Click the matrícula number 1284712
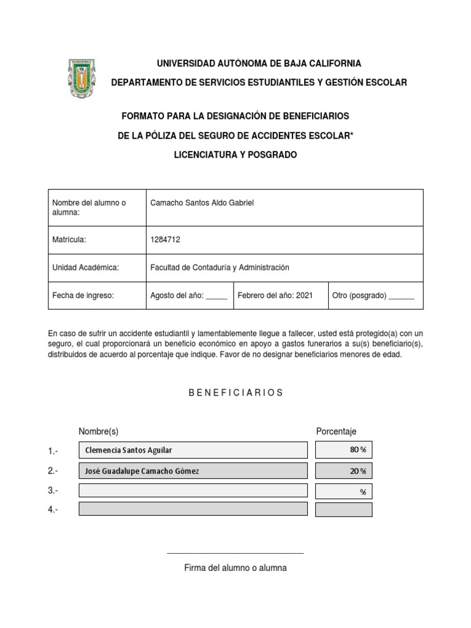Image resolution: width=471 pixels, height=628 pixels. coord(166,240)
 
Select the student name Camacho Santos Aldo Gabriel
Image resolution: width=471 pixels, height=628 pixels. coord(201,203)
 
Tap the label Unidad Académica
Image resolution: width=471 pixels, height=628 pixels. coord(85,267)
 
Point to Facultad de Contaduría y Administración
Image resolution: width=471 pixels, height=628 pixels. coord(220,267)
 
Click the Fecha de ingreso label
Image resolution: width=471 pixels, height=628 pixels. coord(83,296)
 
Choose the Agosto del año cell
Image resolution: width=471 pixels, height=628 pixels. coord(188,296)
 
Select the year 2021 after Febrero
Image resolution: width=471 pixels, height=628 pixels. coord(304,296)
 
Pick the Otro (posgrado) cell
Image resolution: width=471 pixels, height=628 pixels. coord(373,296)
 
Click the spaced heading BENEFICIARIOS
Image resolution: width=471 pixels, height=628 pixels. coord(235,392)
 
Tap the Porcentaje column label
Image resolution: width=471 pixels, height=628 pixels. coord(336,432)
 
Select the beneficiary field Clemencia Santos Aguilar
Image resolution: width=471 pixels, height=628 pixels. coord(193,450)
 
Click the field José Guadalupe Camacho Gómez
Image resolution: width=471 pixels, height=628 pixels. coord(193,471)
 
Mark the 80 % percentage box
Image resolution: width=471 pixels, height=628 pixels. coord(343,450)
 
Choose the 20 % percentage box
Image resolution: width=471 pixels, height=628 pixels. coord(343,471)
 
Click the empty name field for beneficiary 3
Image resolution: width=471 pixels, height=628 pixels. coord(193,491)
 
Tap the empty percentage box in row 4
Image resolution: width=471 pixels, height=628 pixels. coord(343,510)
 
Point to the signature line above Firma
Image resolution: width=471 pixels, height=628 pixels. coord(235,553)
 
